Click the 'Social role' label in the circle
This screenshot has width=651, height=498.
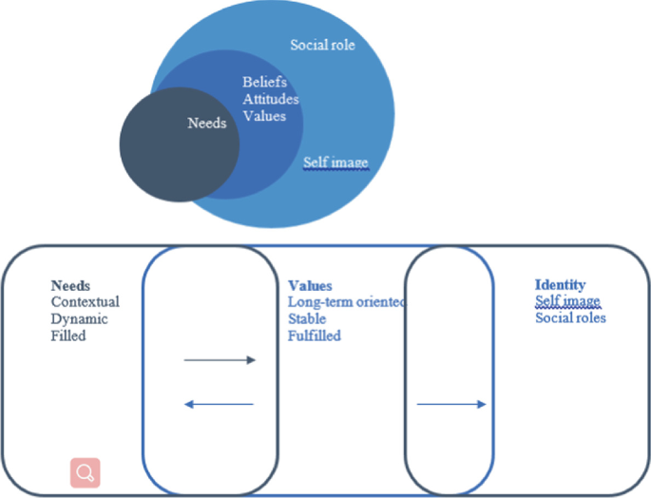pyautogui.click(x=322, y=45)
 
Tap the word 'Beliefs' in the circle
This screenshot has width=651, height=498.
pyautogui.click(x=263, y=83)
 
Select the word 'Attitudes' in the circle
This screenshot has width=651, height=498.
pyautogui.click(x=270, y=99)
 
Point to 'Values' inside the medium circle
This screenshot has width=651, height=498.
pyautogui.click(x=262, y=115)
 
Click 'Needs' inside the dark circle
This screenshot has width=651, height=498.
pyautogui.click(x=207, y=123)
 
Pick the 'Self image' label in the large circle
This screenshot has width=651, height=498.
pyautogui.click(x=335, y=163)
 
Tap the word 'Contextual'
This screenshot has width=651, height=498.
pyautogui.click(x=86, y=302)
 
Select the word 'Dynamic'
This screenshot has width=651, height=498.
pyautogui.click(x=80, y=319)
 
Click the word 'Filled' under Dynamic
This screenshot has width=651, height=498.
pyautogui.click(x=68, y=335)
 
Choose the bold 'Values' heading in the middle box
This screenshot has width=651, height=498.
pyautogui.click(x=310, y=285)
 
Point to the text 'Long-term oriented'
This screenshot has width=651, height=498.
pyautogui.click(x=346, y=302)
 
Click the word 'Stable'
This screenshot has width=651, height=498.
pyautogui.click(x=307, y=319)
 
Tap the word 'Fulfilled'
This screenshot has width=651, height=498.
pyautogui.click(x=315, y=335)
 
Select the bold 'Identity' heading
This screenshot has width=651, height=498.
pyautogui.click(x=560, y=284)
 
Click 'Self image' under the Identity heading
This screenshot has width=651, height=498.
pyautogui.click(x=567, y=301)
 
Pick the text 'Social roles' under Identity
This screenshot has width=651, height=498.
pyautogui.click(x=570, y=317)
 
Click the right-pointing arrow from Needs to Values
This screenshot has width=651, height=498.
pyautogui.click(x=220, y=360)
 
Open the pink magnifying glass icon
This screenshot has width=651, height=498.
pyautogui.click(x=85, y=472)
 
